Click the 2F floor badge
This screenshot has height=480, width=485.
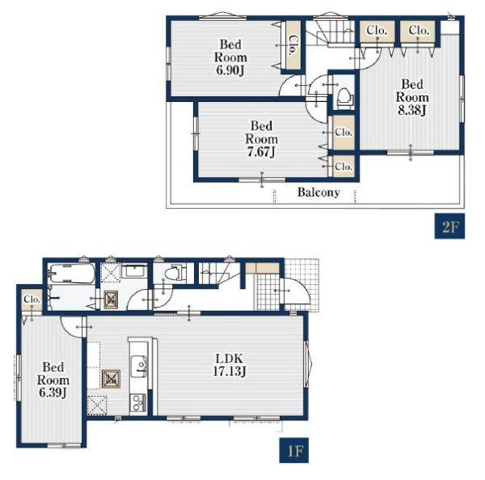449,226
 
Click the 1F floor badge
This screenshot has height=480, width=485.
294,450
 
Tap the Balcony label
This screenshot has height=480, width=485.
318,193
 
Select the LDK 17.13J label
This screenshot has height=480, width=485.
230,364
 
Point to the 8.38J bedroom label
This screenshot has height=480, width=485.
412,97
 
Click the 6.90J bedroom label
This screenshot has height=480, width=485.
230,57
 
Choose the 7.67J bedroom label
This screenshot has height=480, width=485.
261,138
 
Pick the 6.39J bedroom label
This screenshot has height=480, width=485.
53,380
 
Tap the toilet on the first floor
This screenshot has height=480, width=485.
175,273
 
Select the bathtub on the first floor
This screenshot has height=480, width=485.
72,274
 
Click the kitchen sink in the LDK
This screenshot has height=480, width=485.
139,366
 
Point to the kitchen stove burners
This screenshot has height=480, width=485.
138,402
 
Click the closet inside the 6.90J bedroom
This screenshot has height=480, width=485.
293,45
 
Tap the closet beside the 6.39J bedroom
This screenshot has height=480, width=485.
32,300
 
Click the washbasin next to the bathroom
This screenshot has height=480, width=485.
134,271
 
